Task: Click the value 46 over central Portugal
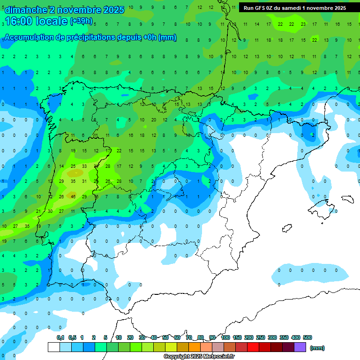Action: tap(73, 196)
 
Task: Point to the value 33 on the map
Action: tap(84, 166)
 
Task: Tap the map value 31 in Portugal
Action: tap(84, 181)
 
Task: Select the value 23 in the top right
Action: tap(303, 24)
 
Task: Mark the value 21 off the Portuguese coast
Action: tap(38, 211)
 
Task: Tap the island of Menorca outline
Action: tap(347, 198)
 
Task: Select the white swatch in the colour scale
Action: tap(53, 347)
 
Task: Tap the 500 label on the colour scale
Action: tap(307, 337)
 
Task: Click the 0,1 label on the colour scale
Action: tap(60, 337)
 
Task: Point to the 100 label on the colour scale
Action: tap(225, 337)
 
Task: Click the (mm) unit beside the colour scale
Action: tap(317, 348)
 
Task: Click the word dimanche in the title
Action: tap(26, 10)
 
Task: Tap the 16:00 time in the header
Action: tap(20, 21)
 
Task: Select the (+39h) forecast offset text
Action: tap(81, 21)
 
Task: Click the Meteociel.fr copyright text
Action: tap(199, 357)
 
